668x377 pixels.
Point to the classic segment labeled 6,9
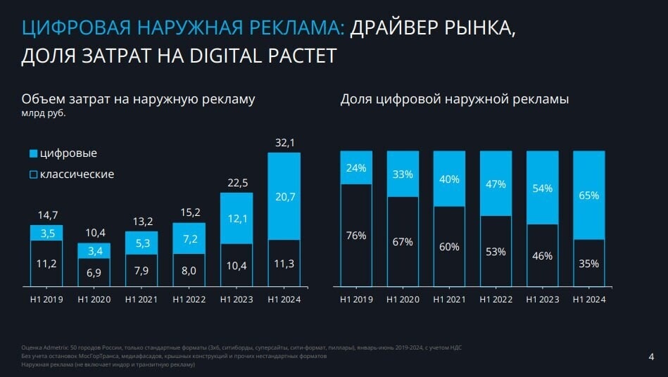pos(94,271)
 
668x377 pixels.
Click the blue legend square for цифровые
pos(33,153)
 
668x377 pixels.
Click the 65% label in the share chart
pos(588,196)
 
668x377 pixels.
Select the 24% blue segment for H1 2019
pos(356,168)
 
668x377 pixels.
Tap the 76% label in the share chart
pos(356,236)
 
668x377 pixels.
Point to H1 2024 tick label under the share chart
pos(589,300)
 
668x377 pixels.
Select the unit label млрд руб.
pos(43,113)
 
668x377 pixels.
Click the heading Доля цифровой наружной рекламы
pos(454,99)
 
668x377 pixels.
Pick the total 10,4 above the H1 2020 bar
pos(94,233)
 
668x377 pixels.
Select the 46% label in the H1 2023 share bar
pos(542,256)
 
